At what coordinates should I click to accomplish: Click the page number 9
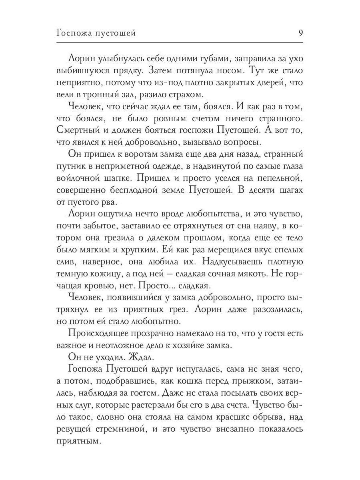point(300,33)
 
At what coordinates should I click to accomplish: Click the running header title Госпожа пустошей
point(96,34)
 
